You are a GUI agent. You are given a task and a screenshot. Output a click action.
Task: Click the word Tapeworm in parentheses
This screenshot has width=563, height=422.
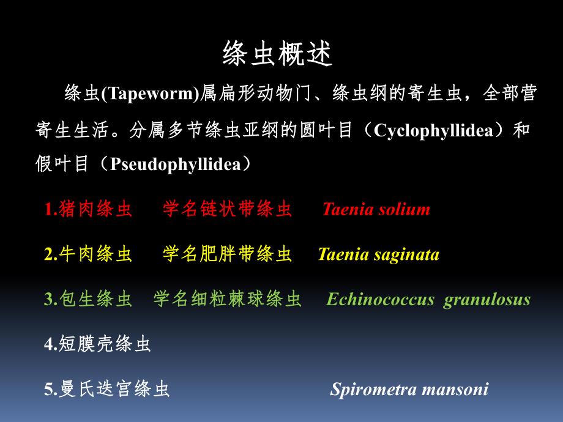[x=150, y=94]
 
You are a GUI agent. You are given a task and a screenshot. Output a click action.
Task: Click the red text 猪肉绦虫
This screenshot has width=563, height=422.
[x=95, y=210]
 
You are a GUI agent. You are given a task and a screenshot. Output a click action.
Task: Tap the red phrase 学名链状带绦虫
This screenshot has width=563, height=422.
[x=227, y=210]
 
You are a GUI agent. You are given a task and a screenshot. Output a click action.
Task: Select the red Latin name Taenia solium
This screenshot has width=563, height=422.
[x=376, y=210]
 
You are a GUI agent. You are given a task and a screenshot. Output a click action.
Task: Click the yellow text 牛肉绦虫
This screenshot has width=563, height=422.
[x=95, y=254]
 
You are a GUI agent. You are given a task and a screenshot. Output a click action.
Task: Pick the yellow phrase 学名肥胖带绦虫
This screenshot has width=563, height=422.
[x=227, y=254]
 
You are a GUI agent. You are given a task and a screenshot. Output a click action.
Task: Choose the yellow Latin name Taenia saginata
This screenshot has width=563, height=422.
[x=378, y=254]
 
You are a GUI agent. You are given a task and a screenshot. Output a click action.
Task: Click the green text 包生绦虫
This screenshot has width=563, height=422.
[x=95, y=300]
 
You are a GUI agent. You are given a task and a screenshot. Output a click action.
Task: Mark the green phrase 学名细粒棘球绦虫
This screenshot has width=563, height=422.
[x=227, y=300]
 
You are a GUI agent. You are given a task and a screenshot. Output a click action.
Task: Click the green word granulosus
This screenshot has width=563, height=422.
[x=487, y=300]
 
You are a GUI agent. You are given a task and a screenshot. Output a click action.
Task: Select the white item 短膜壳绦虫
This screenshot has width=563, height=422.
[x=105, y=344]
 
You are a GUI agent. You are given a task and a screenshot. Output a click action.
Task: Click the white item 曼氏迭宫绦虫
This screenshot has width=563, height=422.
[x=114, y=389]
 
